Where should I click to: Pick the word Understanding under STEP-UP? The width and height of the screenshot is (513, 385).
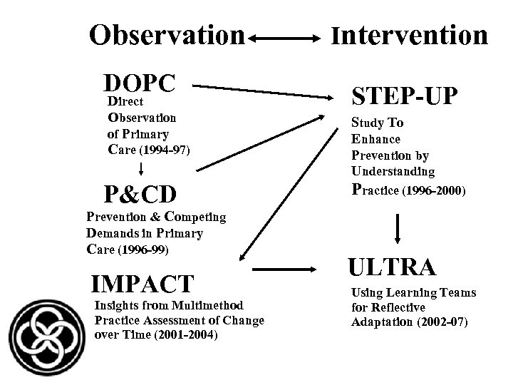[393, 171]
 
